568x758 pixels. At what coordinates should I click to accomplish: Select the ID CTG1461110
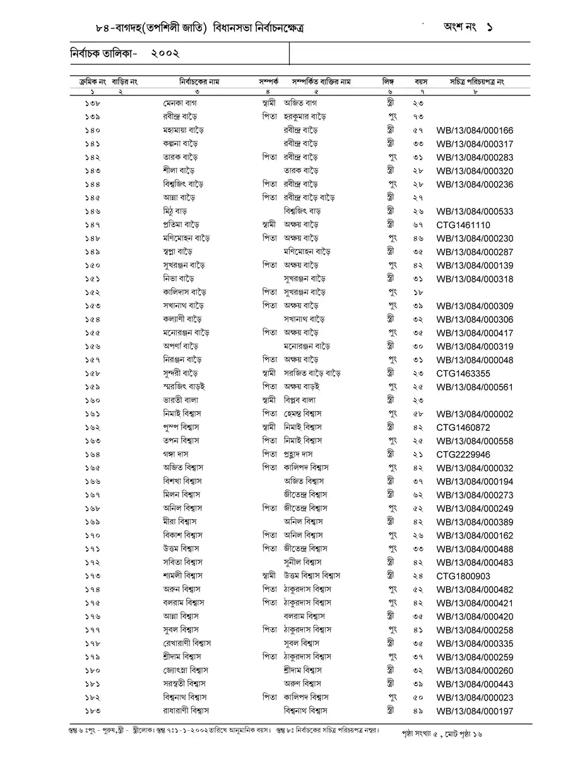[463, 225]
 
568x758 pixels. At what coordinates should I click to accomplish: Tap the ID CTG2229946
[463, 454]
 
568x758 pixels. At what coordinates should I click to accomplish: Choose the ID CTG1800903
[463, 576]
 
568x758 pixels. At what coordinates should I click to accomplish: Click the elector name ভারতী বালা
[180, 400]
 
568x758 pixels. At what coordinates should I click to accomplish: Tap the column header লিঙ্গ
[388, 82]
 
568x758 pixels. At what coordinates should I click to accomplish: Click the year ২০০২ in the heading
[165, 55]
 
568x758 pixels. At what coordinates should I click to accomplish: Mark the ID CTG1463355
[463, 373]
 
